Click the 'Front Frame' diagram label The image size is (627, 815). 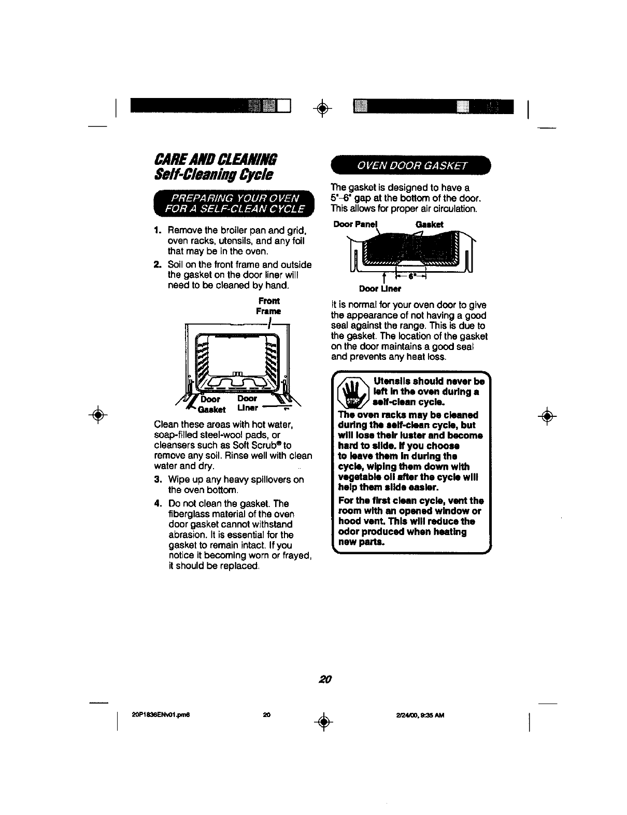268,306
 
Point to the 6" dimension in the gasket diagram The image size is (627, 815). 411,276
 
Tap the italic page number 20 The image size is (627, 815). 325,679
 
